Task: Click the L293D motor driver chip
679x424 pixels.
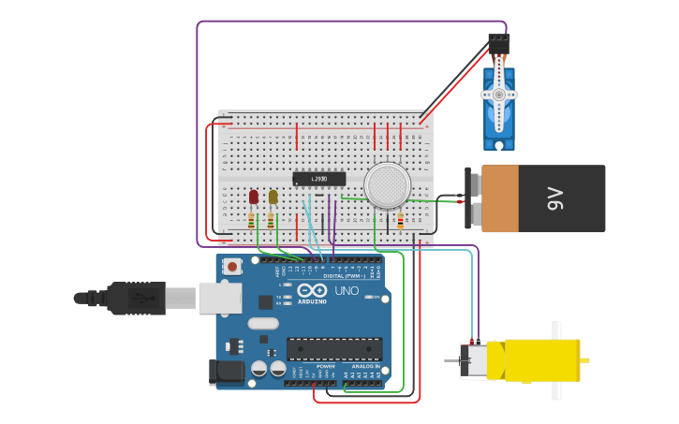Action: point(319,179)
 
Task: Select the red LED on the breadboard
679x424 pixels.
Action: point(254,197)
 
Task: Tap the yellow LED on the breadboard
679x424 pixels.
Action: point(273,197)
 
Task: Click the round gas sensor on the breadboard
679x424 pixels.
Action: point(388,184)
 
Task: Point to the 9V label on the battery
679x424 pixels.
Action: point(555,198)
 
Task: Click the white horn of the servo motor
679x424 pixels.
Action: point(499,95)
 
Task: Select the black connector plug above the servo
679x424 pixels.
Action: point(499,44)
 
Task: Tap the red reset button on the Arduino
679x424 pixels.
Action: point(231,267)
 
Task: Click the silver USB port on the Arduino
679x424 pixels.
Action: point(219,298)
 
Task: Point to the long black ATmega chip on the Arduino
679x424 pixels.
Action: point(334,348)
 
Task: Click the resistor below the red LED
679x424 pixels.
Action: point(251,222)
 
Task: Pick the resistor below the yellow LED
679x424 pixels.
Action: point(271,222)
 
